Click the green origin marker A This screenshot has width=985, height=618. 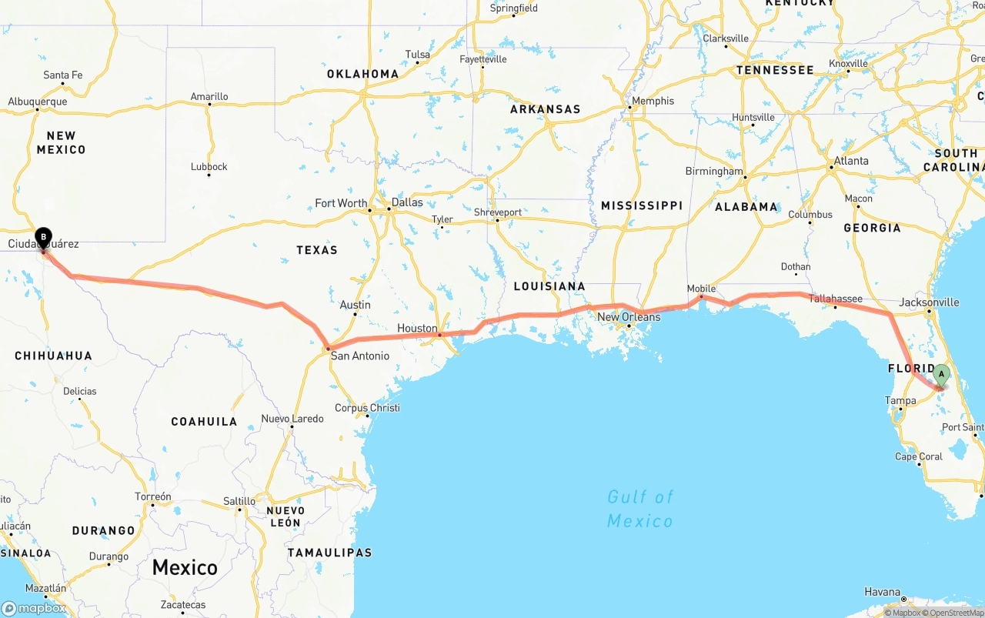(941, 375)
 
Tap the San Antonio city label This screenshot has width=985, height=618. (359, 356)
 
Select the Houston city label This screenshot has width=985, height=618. (417, 329)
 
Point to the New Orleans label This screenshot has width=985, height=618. (629, 317)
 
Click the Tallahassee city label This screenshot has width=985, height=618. (835, 299)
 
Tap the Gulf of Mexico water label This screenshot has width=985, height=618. (639, 509)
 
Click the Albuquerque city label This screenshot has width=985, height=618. (38, 102)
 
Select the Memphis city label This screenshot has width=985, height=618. (653, 101)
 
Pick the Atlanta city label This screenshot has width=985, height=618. (850, 161)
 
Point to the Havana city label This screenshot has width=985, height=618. (882, 592)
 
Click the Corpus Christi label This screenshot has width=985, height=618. (367, 408)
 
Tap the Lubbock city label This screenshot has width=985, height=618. (209, 166)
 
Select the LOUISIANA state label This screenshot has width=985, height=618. (549, 286)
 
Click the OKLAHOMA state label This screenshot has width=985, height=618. (363, 75)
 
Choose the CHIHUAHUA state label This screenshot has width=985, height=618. (54, 356)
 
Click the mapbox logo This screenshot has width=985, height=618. (34, 608)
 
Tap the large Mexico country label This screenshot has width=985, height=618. (185, 568)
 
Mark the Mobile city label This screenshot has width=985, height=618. (701, 289)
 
